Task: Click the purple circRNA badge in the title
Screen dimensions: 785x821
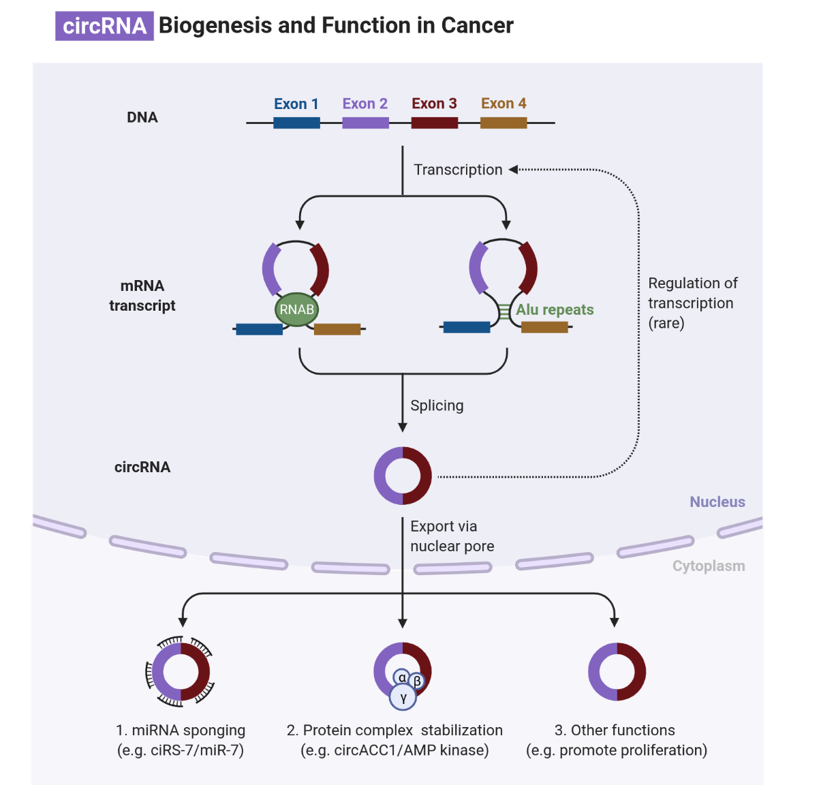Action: pos(104,26)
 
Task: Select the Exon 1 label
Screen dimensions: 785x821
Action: pos(296,104)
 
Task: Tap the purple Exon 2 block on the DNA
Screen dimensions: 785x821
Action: pos(365,123)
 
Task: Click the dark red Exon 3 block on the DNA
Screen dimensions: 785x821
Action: pos(434,123)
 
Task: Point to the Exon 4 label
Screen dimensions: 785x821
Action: pos(504,104)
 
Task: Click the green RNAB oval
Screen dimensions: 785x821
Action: pos(296,309)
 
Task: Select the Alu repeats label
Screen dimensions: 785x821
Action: pos(555,309)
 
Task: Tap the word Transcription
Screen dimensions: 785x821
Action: pos(458,170)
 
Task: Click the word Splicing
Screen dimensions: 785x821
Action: pos(437,405)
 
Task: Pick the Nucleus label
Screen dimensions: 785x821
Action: pos(717,502)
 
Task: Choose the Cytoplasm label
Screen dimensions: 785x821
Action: pos(708,566)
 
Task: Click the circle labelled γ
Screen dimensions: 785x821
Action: pos(403,697)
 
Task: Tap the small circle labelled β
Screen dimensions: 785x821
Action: pos(417,681)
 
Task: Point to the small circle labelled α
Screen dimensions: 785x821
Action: pos(402,677)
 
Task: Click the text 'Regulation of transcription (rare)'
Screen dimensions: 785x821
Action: pos(692,303)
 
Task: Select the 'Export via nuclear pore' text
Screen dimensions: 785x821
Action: pos(452,536)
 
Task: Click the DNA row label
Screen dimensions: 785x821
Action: pos(142,117)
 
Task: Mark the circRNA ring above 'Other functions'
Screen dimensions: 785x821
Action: pos(617,671)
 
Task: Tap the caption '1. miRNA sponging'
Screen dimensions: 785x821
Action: pos(181,730)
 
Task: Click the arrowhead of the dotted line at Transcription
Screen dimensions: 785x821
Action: pos(513,170)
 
